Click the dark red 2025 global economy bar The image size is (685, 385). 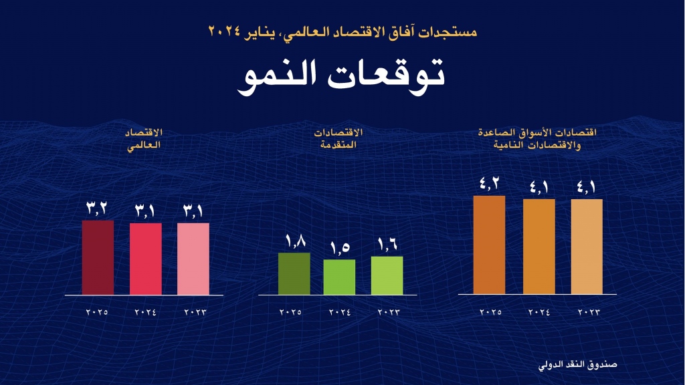click(x=98, y=257)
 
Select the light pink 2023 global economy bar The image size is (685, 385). click(x=193, y=259)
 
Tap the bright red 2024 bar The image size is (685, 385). click(x=146, y=259)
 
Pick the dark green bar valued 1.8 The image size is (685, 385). click(x=294, y=273)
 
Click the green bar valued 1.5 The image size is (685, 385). click(x=339, y=277)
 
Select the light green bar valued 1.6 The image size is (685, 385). click(x=387, y=275)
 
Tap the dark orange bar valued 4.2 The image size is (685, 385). click(x=489, y=245)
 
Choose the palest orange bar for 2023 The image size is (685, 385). click(x=587, y=247)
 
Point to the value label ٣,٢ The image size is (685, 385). click(x=98, y=208)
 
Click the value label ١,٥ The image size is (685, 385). click(x=339, y=247)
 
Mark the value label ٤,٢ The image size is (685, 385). click(x=489, y=183)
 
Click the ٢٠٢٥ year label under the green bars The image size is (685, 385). click(x=291, y=312)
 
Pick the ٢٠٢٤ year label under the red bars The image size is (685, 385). click(x=145, y=312)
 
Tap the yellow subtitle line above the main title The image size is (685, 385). click(x=342, y=31)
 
